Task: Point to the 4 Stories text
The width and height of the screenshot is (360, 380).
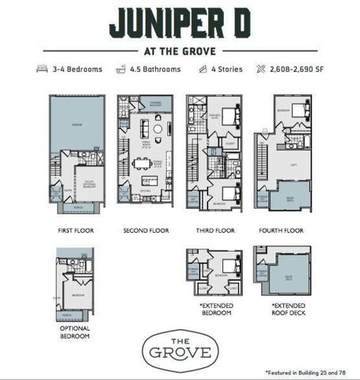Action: (225, 69)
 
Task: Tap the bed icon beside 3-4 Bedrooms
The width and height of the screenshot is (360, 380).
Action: (43, 69)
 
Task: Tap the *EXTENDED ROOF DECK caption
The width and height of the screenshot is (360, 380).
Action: (282, 308)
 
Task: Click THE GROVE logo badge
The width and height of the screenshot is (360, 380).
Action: (180, 349)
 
